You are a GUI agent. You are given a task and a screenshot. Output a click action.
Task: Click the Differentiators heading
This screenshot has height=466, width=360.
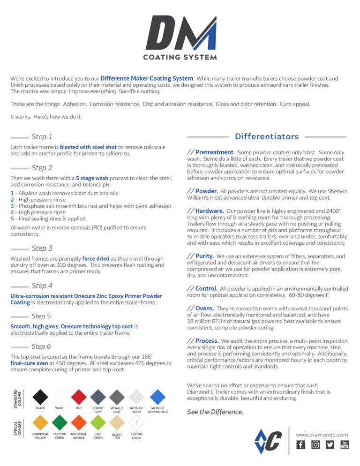click(x=267, y=137)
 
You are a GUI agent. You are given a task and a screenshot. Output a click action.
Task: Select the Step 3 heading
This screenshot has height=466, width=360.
click(x=42, y=248)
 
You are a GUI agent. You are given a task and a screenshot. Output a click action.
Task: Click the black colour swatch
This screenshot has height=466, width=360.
click(x=40, y=397)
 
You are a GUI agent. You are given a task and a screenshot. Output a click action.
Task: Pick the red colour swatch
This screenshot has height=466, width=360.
click(x=79, y=397)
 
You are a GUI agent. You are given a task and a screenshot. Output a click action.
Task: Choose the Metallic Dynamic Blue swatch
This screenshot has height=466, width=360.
click(x=157, y=397)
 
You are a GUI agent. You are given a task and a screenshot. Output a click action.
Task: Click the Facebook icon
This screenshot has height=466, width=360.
click(x=301, y=445)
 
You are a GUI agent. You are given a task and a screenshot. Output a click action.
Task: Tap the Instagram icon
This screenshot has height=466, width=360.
click(x=315, y=445)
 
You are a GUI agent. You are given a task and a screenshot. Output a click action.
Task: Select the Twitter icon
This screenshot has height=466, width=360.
click(x=330, y=445)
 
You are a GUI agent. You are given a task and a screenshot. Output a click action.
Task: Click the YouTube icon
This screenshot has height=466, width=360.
click(x=345, y=445)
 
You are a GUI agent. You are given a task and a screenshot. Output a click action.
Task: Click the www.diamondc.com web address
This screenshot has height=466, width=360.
click(x=322, y=435)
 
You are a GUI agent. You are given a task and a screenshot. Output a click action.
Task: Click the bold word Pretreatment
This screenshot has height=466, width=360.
click(x=215, y=152)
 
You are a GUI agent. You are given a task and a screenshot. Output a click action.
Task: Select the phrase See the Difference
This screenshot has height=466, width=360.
click(x=215, y=412)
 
